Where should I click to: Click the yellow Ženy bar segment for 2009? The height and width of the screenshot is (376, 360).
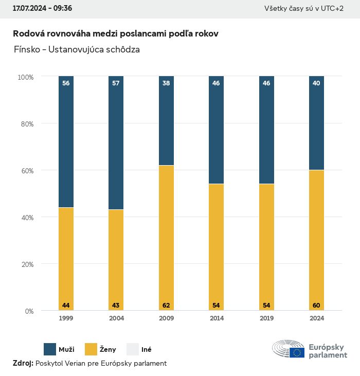click(166, 237)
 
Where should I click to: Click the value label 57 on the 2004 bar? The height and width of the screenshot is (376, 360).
click(116, 83)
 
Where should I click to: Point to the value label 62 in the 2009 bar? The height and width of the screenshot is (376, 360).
click(166, 306)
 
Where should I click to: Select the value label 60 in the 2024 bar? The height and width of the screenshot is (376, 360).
click(316, 306)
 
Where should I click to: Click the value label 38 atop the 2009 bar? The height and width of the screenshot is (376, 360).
click(166, 83)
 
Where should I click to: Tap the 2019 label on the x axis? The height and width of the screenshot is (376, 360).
click(266, 318)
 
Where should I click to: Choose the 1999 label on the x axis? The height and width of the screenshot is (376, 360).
click(66, 318)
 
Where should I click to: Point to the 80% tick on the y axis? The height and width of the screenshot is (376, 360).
click(26, 123)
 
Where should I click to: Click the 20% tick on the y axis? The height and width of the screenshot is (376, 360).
click(26, 264)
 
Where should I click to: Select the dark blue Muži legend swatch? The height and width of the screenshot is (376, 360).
click(50, 349)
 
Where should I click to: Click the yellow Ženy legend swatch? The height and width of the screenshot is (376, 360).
click(91, 349)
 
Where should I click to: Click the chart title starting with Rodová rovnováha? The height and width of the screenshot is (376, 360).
click(116, 33)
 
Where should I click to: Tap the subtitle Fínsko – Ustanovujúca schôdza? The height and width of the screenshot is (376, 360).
click(77, 50)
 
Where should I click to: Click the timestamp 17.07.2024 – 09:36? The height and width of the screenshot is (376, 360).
click(42, 9)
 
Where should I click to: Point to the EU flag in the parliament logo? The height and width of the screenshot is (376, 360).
click(297, 352)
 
